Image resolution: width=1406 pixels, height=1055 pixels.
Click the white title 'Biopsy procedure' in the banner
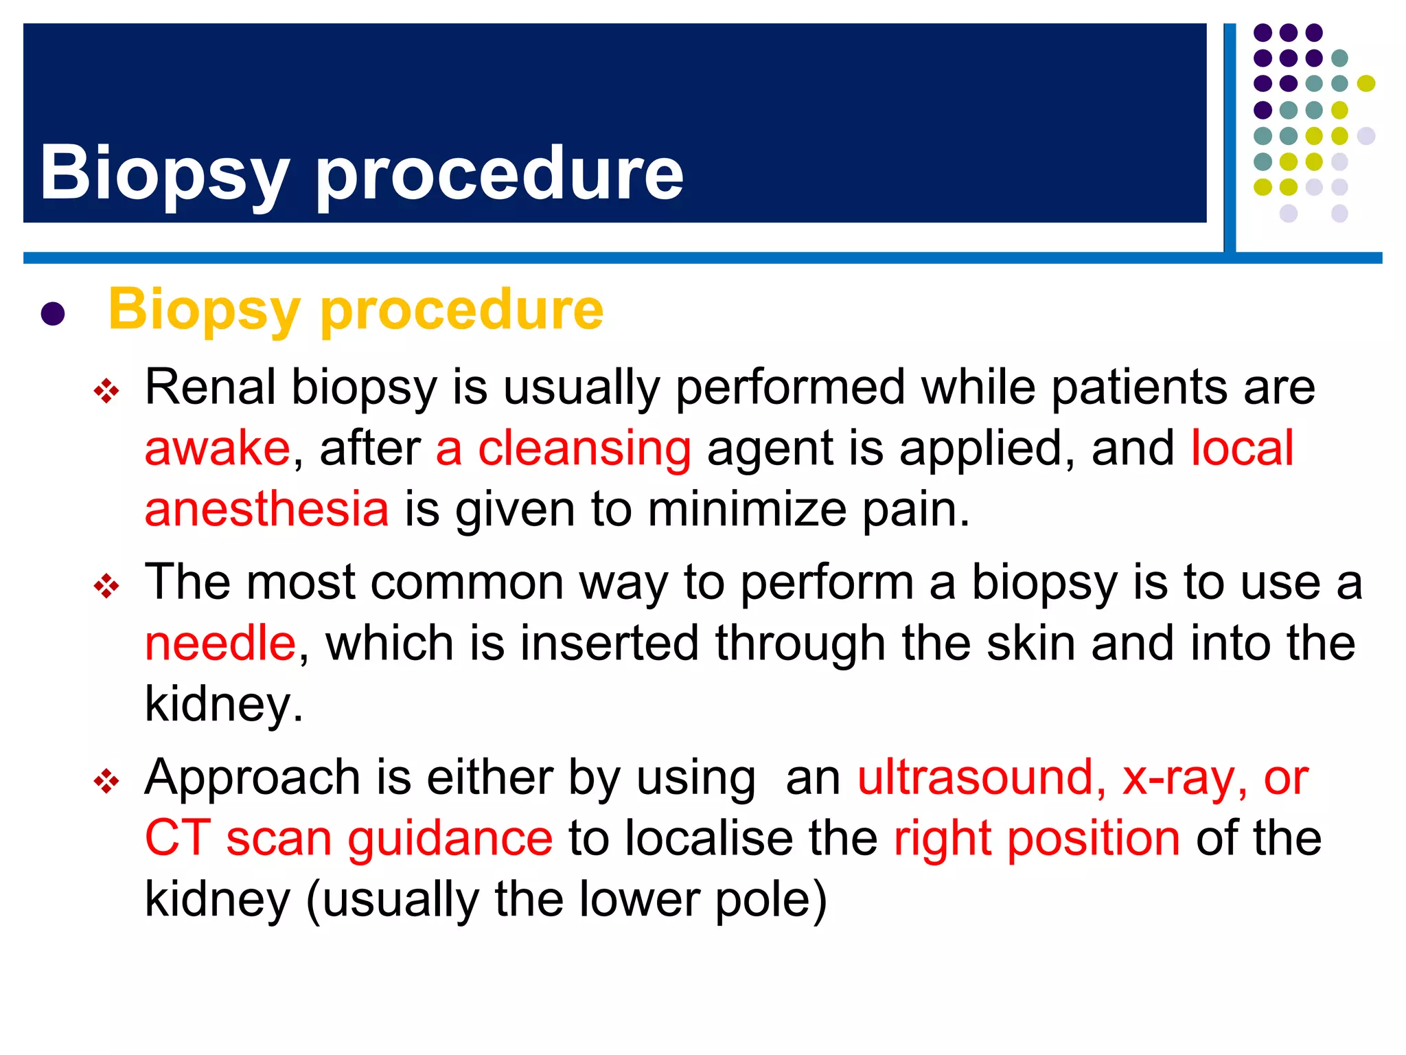coord(361,173)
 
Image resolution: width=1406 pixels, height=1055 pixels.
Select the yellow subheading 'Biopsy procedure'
coord(356,310)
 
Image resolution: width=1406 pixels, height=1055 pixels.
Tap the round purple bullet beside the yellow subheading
coord(53,314)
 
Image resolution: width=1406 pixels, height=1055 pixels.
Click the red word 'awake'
coord(218,449)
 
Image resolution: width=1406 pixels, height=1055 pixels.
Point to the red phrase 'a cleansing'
coord(563,449)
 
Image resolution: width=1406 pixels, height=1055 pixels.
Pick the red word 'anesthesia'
coord(266,509)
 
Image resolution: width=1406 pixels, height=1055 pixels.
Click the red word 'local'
coord(1242,449)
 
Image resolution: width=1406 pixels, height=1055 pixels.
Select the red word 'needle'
coord(220,643)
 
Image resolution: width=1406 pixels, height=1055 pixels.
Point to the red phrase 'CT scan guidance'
coord(348,838)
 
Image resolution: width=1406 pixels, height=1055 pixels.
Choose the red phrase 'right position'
coord(1037,838)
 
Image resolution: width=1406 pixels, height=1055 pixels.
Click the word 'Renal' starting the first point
coord(210,387)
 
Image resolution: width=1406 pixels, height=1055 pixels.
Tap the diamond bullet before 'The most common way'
coord(106,587)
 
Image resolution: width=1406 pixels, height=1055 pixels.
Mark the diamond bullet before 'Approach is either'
coord(106,781)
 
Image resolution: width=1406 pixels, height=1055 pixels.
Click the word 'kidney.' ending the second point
coord(224,705)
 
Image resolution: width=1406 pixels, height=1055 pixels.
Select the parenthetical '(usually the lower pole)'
coord(566,899)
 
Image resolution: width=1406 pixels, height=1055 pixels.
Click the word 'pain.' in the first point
coord(916,509)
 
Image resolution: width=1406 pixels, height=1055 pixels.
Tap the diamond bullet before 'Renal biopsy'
coord(106,392)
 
